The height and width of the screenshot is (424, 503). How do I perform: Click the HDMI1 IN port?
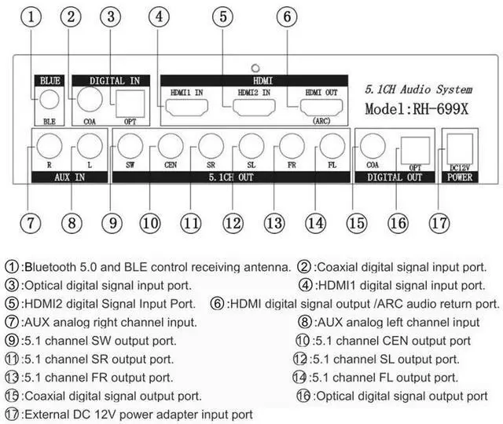coord(186,109)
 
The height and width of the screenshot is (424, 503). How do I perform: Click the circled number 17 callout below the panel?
coord(439,222)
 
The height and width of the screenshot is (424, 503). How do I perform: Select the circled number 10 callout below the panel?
coord(149,222)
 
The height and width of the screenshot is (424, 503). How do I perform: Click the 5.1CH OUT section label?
coord(233,177)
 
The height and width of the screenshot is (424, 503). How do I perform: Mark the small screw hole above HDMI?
coord(254,68)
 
